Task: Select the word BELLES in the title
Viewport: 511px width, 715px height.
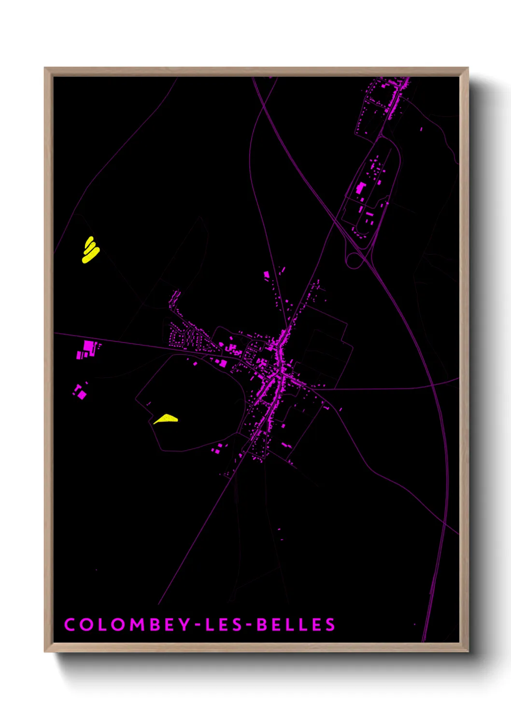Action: [x=296, y=625]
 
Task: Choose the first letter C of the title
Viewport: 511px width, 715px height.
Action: [x=70, y=625]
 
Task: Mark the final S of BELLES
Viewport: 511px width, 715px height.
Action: [x=330, y=625]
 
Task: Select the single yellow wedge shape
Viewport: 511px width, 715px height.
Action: [x=166, y=419]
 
